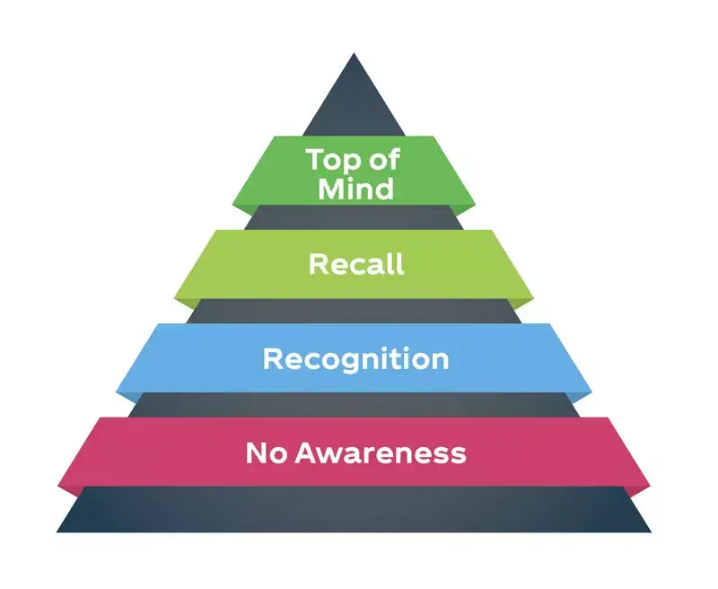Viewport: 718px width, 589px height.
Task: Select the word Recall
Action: click(x=356, y=264)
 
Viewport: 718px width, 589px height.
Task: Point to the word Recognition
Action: click(x=356, y=359)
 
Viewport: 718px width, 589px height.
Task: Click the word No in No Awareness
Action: click(x=265, y=453)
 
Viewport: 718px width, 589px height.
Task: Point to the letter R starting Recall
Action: click(x=319, y=264)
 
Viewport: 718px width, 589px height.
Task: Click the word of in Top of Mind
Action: click(x=384, y=160)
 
